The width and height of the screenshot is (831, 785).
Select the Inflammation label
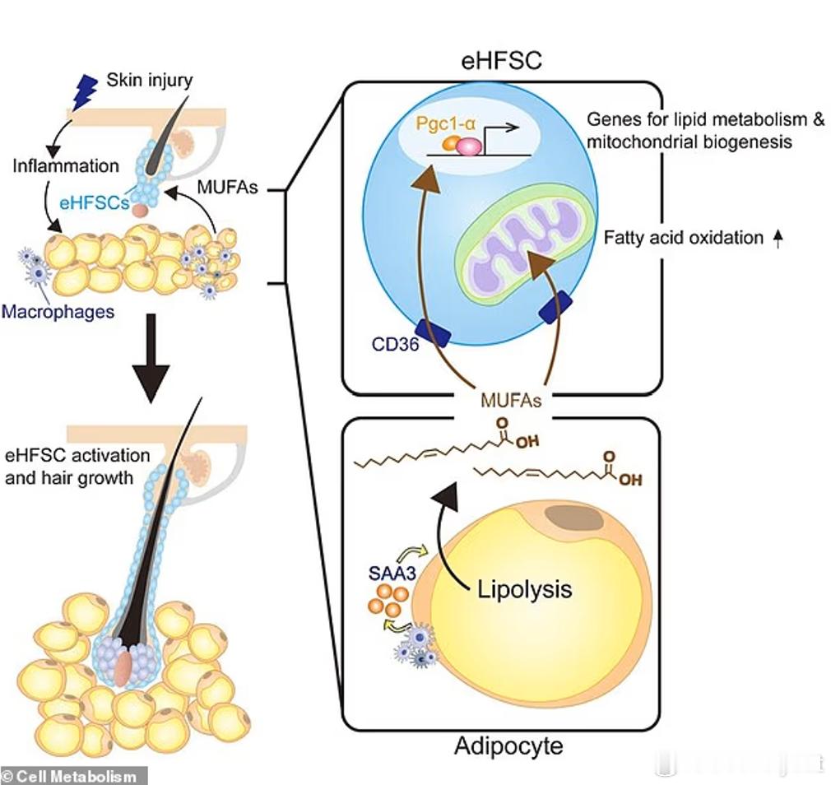[x=66, y=165]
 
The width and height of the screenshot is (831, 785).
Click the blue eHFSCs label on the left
[x=99, y=201]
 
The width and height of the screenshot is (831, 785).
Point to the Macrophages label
[x=58, y=312]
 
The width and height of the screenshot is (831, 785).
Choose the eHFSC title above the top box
[x=502, y=60]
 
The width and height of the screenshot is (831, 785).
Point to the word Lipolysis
[x=524, y=589]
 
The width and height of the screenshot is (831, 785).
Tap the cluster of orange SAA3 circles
[x=387, y=599]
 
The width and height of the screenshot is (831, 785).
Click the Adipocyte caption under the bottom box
[x=508, y=746]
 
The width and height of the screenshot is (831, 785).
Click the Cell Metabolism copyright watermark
[x=72, y=775]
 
